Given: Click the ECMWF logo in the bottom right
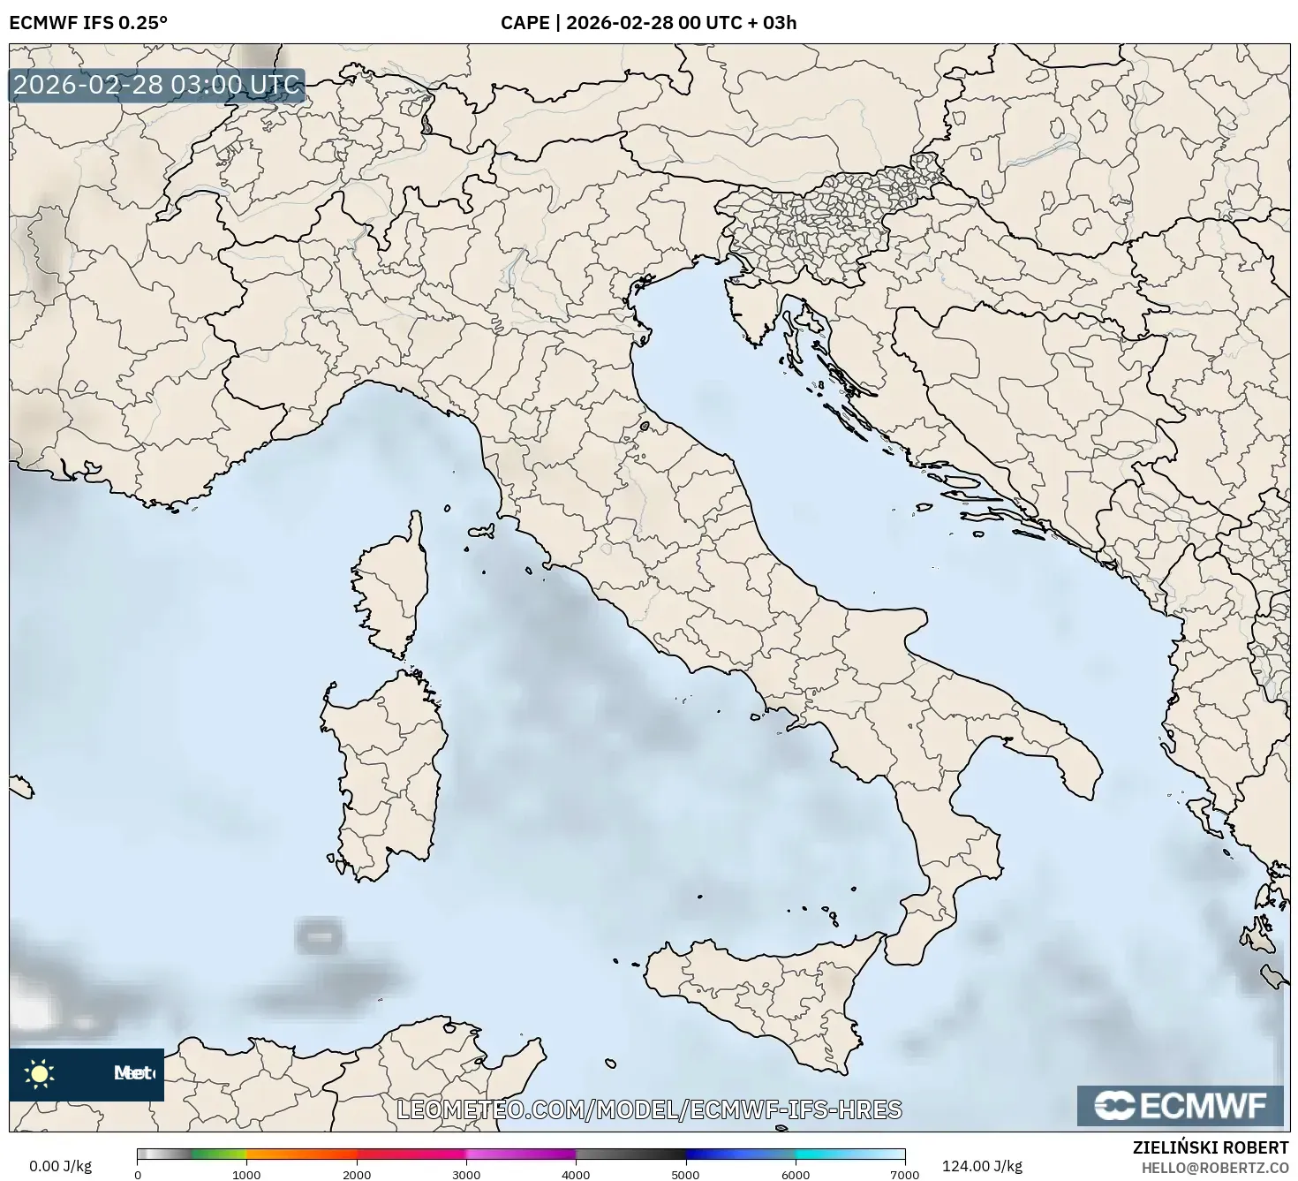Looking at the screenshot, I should click(1180, 1105).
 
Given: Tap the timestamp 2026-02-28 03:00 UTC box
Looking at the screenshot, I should click(157, 85).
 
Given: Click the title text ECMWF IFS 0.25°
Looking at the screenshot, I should click(88, 23).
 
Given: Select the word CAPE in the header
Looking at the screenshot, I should click(524, 23).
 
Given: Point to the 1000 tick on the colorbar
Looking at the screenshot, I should click(246, 1174).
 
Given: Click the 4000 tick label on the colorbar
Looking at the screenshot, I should click(576, 1174).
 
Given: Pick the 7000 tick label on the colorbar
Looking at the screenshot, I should click(905, 1174).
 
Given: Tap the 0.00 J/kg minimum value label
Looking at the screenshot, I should click(60, 1166).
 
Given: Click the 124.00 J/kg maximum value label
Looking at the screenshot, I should click(982, 1166).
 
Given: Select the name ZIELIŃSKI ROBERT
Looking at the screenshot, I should click(1211, 1147).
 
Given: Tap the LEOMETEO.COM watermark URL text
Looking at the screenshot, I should click(649, 1109).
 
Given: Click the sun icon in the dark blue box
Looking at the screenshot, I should click(40, 1074).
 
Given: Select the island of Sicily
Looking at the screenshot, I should click(759, 989).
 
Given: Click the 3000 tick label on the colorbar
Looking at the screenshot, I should click(466, 1174).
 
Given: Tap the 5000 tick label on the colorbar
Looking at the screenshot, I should click(685, 1174).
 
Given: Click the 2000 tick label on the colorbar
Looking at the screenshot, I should click(356, 1174).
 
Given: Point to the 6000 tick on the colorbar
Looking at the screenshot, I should click(796, 1174).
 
